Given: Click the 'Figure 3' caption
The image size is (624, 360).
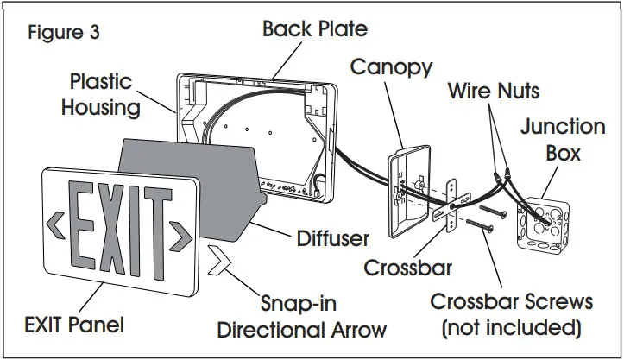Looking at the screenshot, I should pyautogui.click(x=64, y=34).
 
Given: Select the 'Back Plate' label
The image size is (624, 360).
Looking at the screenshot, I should pyautogui.click(x=314, y=28).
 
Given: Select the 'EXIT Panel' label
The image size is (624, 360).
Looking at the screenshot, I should pyautogui.click(x=74, y=325).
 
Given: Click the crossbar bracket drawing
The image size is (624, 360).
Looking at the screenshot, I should pyautogui.click(x=451, y=207).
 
